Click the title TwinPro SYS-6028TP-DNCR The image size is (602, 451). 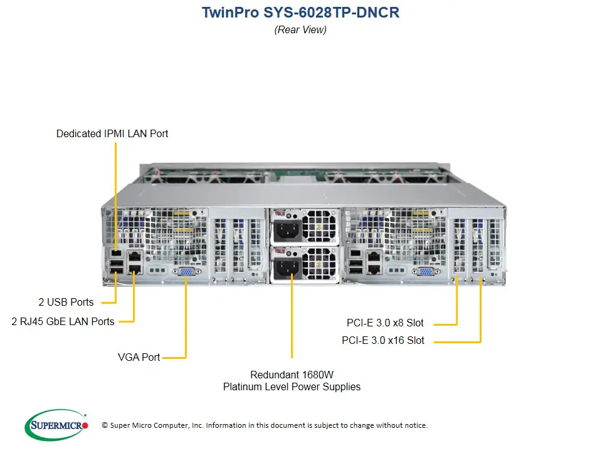300,13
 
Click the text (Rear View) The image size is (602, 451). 300,29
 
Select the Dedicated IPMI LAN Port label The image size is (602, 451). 112,133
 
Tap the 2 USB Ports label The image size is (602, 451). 66,302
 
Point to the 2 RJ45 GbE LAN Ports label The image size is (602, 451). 63,321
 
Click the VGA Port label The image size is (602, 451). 139,357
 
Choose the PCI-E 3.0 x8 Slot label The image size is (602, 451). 385,323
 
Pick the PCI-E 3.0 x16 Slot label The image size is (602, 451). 383,341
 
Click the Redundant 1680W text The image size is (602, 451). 292,375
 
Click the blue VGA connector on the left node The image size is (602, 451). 186,271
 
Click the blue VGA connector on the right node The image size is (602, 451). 425,271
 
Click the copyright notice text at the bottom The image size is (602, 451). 265,425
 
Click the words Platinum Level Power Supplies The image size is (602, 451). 292,387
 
